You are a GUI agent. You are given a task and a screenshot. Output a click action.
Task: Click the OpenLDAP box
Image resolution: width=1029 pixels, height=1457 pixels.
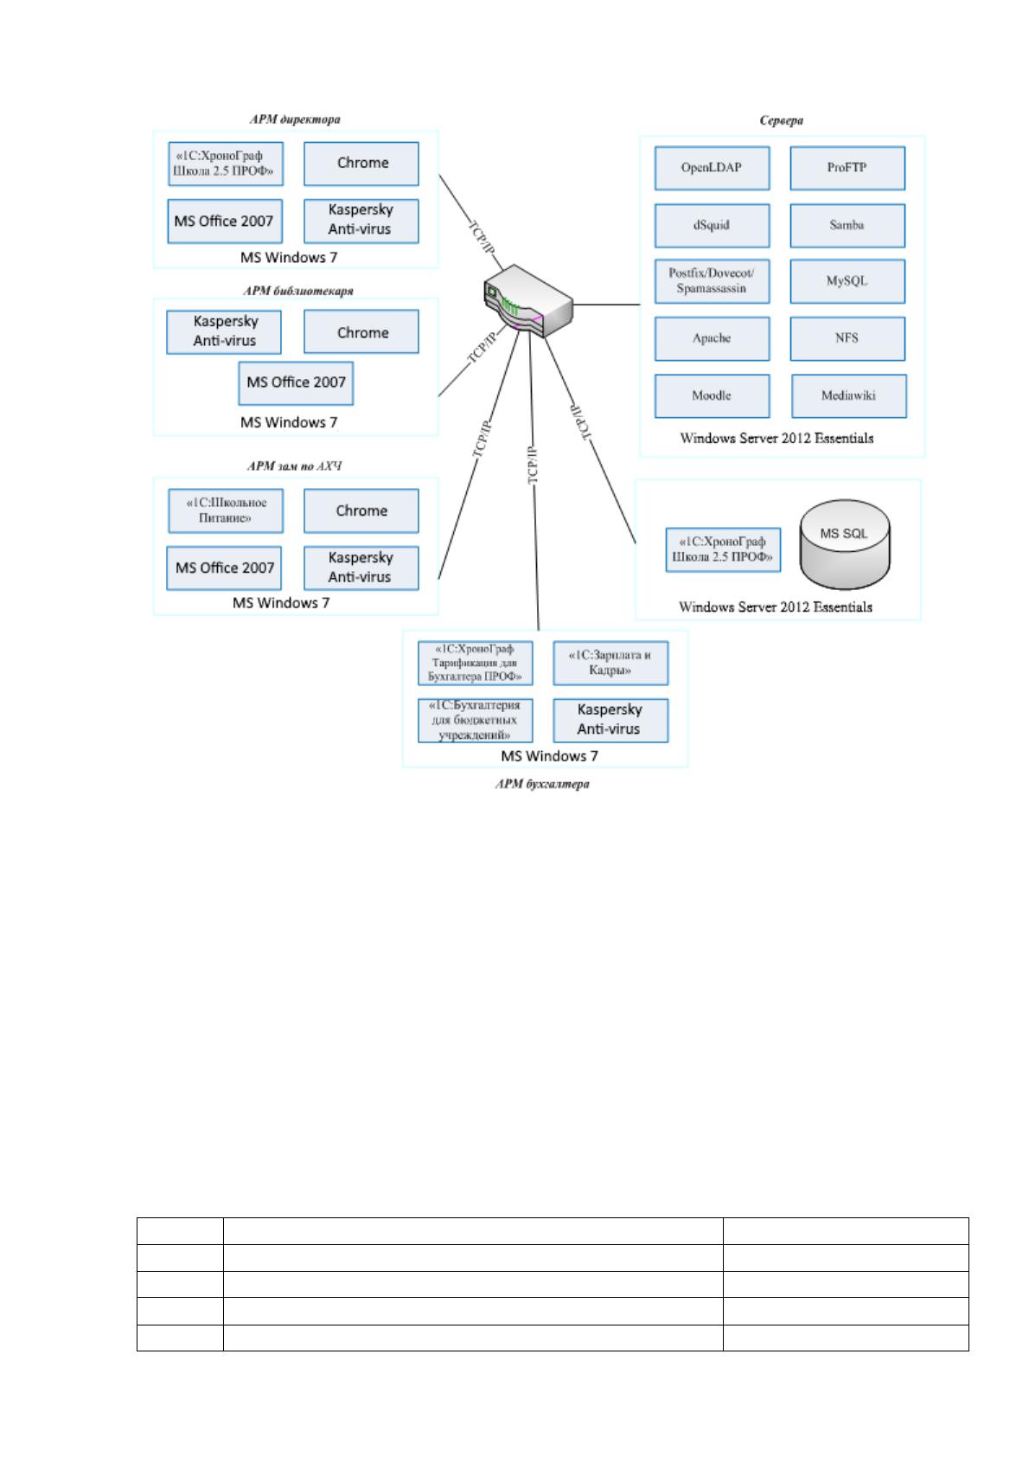712,168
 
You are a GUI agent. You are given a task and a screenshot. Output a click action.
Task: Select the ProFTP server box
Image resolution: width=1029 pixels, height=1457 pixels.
847,168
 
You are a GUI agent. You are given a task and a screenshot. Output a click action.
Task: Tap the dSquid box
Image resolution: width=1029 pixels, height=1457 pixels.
712,225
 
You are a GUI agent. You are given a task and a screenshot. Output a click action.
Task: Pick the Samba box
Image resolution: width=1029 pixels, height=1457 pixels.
847,225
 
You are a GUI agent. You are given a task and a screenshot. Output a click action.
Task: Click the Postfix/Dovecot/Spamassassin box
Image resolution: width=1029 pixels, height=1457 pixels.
712,281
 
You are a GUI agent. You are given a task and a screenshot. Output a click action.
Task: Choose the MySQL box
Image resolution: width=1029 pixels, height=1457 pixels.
847,281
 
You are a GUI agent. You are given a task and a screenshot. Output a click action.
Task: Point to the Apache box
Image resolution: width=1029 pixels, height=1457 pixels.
712,338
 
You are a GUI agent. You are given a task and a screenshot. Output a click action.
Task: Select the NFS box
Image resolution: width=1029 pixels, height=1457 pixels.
847,338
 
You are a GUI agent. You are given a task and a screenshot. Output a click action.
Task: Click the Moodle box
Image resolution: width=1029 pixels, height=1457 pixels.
712,395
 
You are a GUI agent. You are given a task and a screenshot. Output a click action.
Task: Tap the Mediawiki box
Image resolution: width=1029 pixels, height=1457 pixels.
848,395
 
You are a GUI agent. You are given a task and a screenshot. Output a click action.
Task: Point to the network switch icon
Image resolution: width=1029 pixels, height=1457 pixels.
527,300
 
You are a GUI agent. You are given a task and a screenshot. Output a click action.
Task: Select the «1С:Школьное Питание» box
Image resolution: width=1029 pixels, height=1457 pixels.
225,510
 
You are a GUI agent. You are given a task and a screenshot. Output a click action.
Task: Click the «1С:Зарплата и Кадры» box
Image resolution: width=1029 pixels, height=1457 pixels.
610,663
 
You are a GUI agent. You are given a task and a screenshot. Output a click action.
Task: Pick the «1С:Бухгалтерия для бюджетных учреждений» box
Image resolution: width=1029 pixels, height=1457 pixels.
476,720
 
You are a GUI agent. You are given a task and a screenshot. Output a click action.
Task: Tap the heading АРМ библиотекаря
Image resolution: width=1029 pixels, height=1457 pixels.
298,291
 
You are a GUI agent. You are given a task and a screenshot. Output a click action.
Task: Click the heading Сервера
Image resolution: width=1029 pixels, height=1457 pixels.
782,120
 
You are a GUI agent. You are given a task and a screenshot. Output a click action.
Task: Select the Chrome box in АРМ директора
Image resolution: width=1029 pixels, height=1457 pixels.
361,164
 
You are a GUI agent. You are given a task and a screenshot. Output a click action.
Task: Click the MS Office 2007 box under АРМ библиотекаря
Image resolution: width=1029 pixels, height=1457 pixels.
296,382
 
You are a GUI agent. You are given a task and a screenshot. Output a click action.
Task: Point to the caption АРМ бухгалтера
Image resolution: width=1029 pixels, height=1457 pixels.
542,784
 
